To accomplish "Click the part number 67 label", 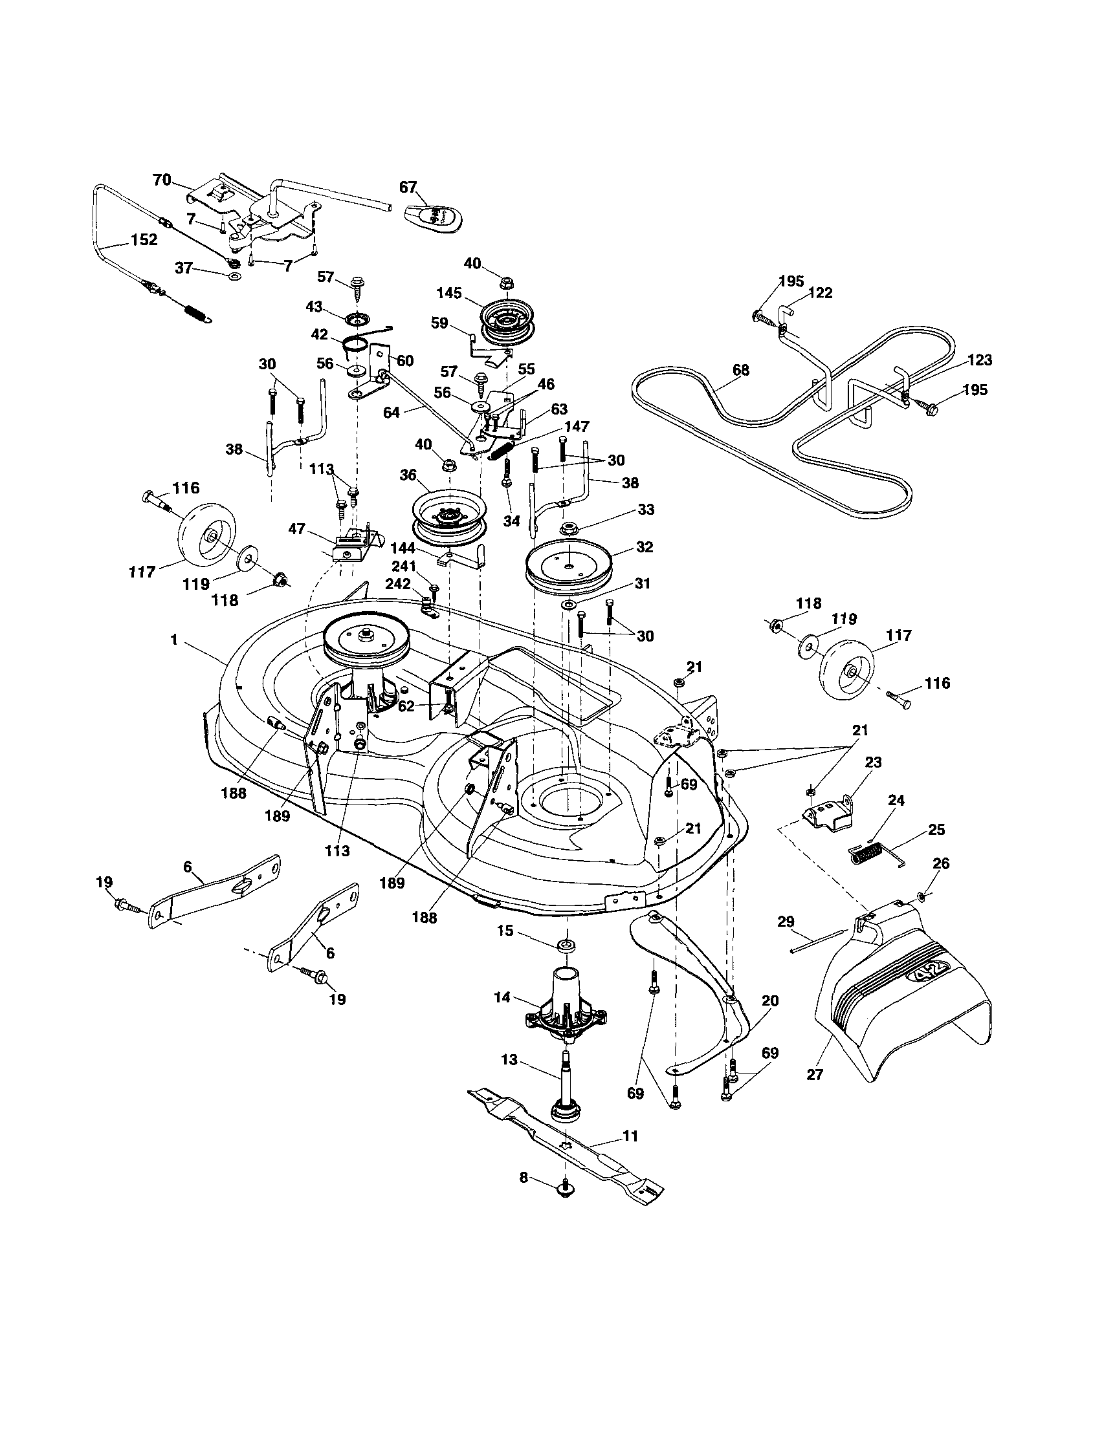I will pos(408,187).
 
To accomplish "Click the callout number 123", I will pos(979,360).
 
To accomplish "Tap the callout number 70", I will pos(162,180).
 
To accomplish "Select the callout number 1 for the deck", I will pos(174,639).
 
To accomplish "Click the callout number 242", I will pos(397,583).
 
